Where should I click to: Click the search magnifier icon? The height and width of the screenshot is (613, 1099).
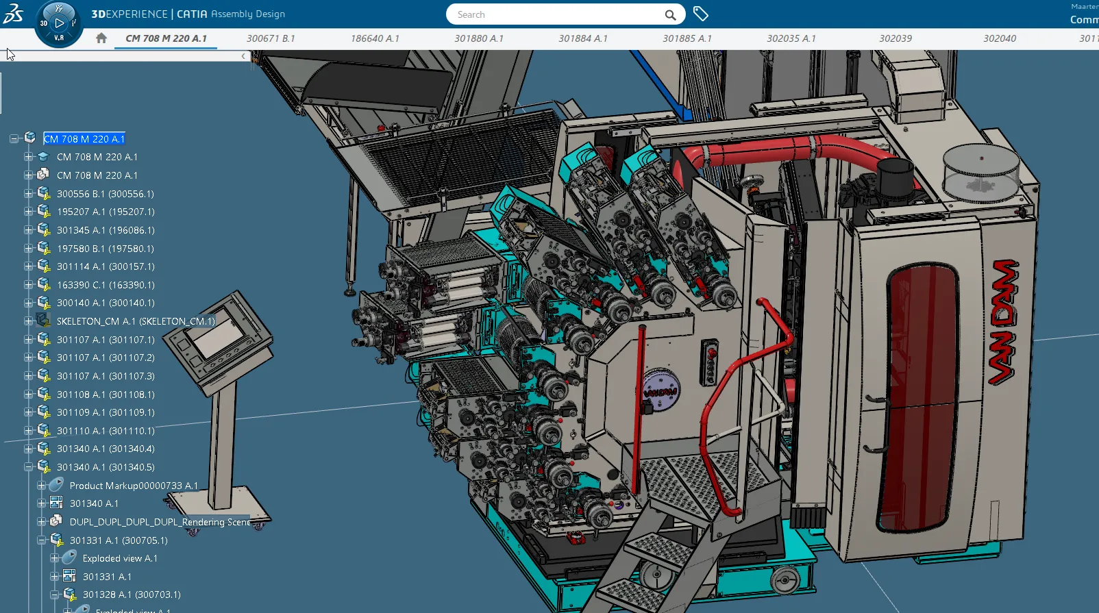(670, 15)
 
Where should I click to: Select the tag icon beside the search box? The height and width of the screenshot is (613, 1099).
(700, 14)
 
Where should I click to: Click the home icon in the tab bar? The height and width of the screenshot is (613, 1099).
(101, 38)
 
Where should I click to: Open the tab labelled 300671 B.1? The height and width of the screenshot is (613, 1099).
(271, 38)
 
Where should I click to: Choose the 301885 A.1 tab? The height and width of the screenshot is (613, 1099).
(687, 38)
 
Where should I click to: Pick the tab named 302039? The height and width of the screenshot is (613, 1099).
(895, 38)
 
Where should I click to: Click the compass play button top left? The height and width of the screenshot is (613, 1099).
(59, 23)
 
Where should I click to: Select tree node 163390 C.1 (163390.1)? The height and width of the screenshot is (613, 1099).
(106, 285)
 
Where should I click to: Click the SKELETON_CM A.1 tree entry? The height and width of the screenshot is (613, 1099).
(135, 321)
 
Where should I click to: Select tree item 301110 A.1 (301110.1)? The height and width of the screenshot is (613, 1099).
(106, 431)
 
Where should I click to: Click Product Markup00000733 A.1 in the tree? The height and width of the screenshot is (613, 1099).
(134, 486)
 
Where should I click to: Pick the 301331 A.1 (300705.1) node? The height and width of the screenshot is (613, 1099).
(119, 540)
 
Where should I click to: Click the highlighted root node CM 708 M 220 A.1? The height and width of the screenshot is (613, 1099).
(84, 139)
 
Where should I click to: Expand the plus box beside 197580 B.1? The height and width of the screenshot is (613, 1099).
(28, 249)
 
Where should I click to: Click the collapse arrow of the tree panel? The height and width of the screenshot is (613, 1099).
(243, 56)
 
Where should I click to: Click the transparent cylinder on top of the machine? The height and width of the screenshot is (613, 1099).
(980, 171)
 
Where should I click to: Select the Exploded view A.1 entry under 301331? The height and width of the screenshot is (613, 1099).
(120, 559)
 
